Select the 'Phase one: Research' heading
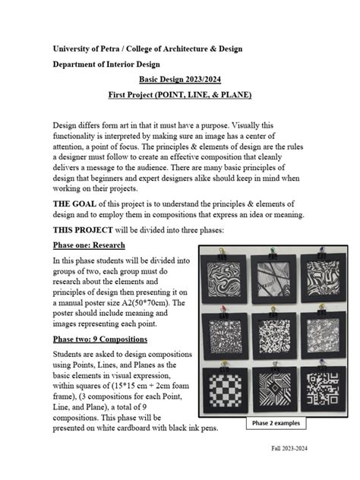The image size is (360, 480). coord(89,245)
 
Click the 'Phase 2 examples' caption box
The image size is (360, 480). coord(277,423)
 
